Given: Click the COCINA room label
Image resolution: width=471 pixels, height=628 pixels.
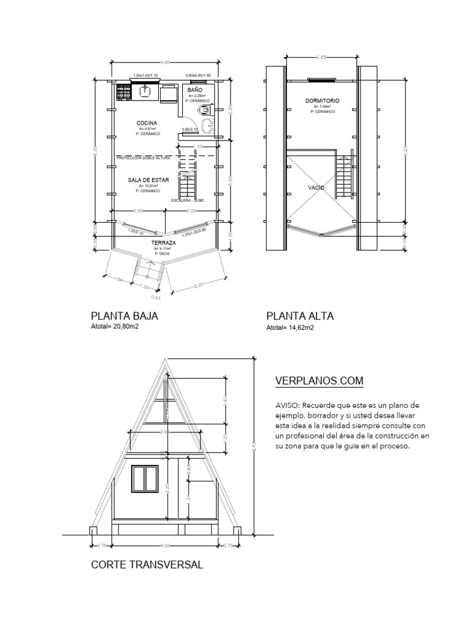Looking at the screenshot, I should tap(147, 123).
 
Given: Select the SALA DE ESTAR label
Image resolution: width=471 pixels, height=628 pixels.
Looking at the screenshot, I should tap(148, 180).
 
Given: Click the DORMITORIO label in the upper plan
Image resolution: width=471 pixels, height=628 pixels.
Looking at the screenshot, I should tap(322, 100).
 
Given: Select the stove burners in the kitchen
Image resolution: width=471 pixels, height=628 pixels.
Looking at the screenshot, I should tap(123, 92).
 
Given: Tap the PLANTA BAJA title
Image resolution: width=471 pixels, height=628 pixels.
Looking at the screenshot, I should tap(124, 316).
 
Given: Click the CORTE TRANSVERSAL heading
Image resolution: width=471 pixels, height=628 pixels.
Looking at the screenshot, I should tap(147, 564).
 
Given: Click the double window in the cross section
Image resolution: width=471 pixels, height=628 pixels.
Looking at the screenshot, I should tap(145, 478).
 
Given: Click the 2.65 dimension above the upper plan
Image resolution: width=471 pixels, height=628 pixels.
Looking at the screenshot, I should tap(321, 56).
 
